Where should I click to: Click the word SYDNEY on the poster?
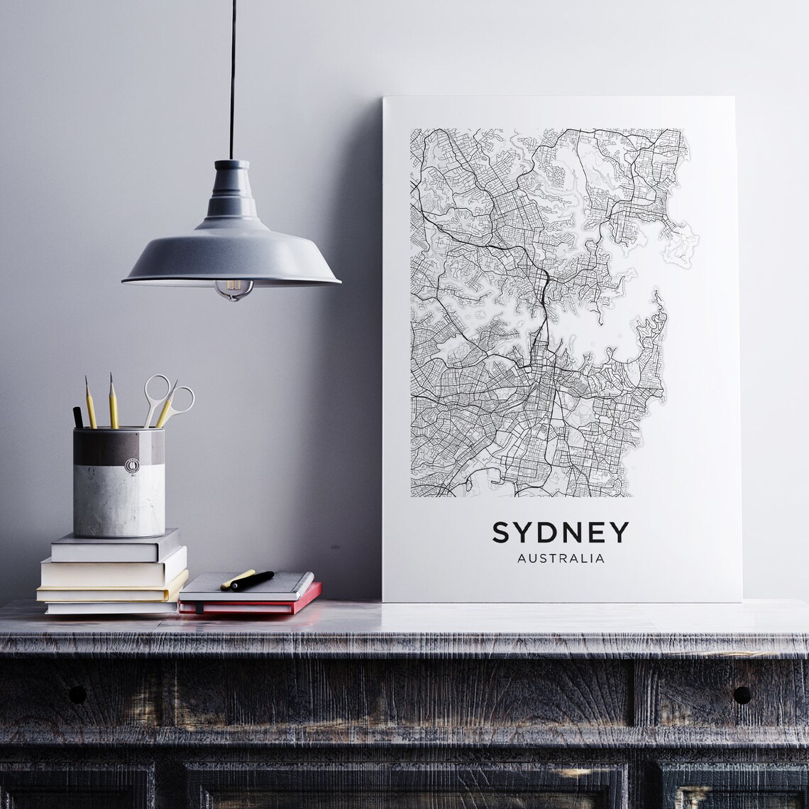click(x=561, y=533)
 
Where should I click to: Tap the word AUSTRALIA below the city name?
click(x=561, y=558)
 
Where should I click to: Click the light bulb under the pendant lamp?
click(x=233, y=288)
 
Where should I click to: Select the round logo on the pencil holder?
click(x=132, y=465)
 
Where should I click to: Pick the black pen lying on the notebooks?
click(x=251, y=580)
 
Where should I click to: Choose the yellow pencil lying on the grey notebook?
click(x=237, y=578)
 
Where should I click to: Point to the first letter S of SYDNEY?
click(x=500, y=533)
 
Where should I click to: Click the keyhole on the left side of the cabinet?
click(x=77, y=694)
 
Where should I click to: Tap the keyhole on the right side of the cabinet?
click(x=742, y=694)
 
